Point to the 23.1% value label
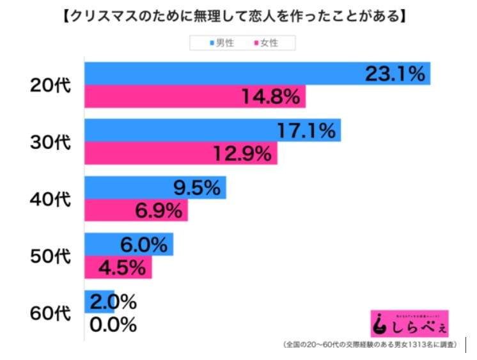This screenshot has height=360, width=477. [x=395, y=74]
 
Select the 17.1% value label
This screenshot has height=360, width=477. [x=306, y=131]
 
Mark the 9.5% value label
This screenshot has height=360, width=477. [x=196, y=188]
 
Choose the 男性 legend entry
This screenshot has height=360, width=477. [x=221, y=43]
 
